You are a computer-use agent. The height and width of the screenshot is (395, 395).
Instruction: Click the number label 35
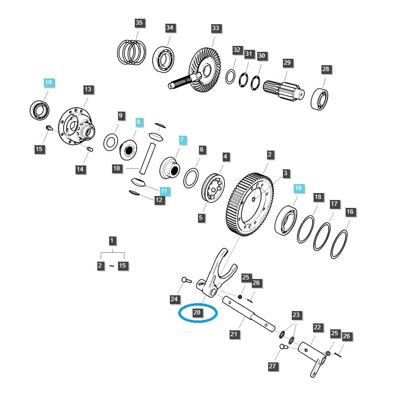coord(139,23)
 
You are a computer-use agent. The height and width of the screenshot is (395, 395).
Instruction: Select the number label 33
coord(215,29)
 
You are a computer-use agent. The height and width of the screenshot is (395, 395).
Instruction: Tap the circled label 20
coord(197,313)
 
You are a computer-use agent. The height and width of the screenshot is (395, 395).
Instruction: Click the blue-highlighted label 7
coord(182,140)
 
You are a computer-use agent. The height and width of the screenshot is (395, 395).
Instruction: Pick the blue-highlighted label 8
coord(139,121)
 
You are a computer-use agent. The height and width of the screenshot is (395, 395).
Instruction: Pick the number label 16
coord(350,212)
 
